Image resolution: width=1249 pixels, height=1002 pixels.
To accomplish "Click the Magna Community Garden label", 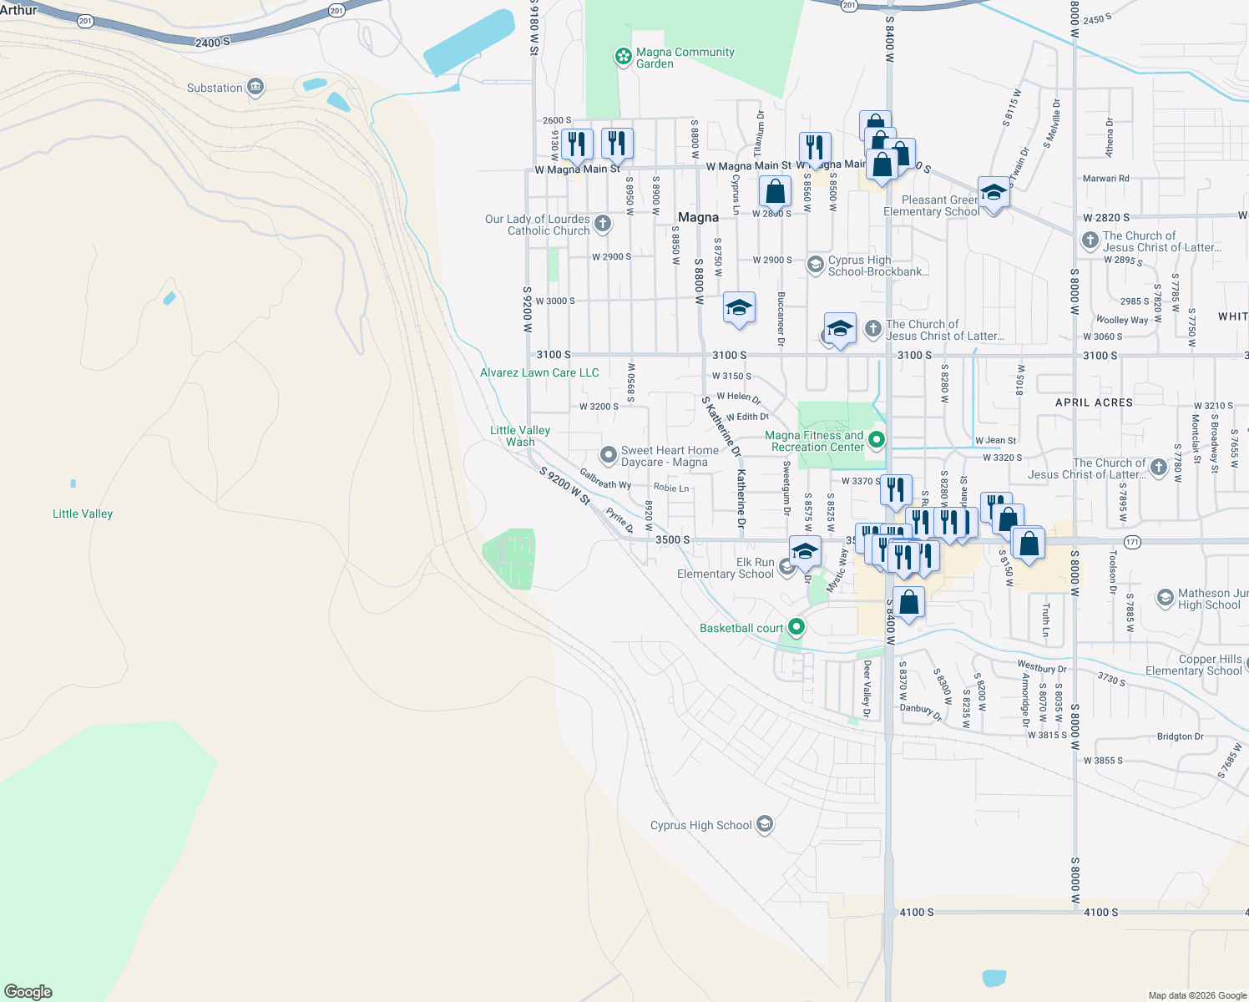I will [x=685, y=58].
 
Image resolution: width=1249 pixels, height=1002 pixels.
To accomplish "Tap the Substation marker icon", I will [x=256, y=88].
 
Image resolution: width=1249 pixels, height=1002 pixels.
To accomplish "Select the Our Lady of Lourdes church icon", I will [x=603, y=224].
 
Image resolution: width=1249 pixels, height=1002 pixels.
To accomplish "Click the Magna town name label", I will [x=698, y=217].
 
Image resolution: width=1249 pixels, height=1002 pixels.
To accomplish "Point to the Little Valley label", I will [x=83, y=514].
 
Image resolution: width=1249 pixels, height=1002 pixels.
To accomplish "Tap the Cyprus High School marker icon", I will [x=764, y=825].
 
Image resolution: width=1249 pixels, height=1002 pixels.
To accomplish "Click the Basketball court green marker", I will [x=796, y=627].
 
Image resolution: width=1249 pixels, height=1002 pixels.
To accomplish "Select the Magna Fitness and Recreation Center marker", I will [x=877, y=439].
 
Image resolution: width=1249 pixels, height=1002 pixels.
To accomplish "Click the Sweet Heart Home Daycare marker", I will [x=609, y=455].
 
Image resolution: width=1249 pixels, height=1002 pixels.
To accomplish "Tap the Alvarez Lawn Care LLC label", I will [x=539, y=372].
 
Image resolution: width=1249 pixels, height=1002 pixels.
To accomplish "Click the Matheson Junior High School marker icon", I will [x=1166, y=598].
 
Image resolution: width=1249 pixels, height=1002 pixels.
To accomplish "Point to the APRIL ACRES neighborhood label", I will [x=1094, y=402].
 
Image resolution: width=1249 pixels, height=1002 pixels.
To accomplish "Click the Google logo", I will [x=28, y=992].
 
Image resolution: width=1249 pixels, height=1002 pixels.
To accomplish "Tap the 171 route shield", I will [x=1132, y=542].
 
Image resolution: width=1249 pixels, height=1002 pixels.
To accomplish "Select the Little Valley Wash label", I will [x=519, y=436].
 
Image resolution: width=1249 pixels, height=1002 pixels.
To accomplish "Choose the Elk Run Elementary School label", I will [x=725, y=568].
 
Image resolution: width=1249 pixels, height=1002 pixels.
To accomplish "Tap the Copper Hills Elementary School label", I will [x=1193, y=665].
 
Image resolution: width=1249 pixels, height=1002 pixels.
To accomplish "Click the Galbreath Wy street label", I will [x=605, y=479].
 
